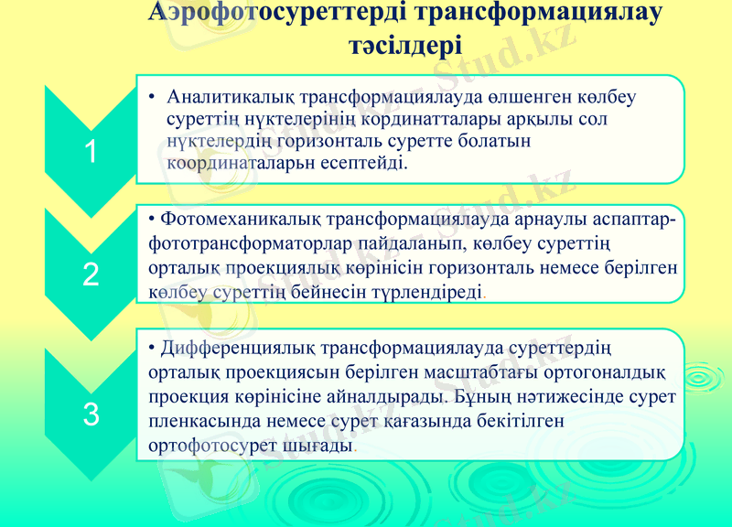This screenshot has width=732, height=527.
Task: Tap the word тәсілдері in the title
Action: [405, 45]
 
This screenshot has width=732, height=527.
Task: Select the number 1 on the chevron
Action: [91, 153]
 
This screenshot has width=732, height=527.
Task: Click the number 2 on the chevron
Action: [91, 274]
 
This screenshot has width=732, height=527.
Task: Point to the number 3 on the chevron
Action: [91, 414]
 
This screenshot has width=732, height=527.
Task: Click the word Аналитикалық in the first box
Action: [226, 97]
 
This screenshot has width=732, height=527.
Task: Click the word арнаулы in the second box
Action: [532, 220]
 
